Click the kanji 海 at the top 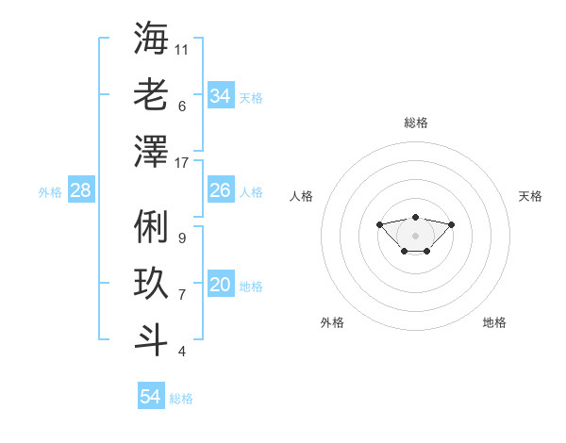coord(151,38)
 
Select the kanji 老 coord(151,94)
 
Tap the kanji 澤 coord(151,151)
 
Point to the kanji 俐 coord(151,226)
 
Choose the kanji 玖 coord(151,283)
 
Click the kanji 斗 coord(151,339)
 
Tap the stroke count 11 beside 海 coord(181,50)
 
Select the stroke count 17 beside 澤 coord(181,163)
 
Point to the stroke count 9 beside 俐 coord(182,238)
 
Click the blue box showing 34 coord(221,95)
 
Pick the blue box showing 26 coord(221,189)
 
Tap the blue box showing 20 coord(221,283)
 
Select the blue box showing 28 coord(81,189)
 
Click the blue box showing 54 coord(151,395)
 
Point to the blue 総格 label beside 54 coord(181,399)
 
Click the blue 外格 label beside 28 coord(50,192)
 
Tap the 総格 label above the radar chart coord(416,123)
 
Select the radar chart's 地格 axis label coord(494,322)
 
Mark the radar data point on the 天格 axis coord(451,224)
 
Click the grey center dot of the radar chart coord(415,236)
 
